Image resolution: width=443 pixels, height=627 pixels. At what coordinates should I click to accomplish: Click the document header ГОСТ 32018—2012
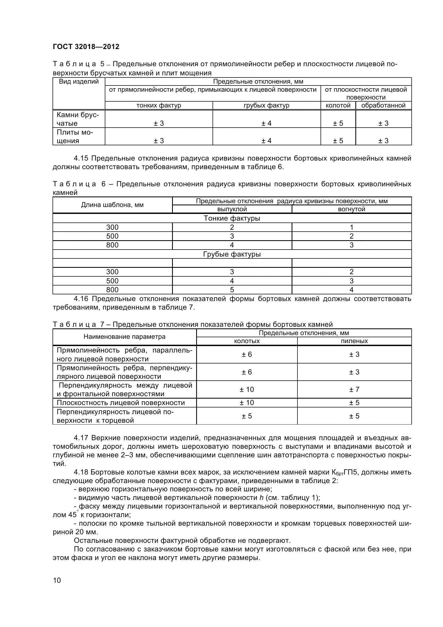click(x=86, y=47)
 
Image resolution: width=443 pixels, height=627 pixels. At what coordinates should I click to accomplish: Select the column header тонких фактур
click(x=159, y=105)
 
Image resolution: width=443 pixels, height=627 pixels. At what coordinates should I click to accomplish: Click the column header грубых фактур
click(x=266, y=105)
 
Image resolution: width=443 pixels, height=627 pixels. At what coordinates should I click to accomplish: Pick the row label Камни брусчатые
click(x=77, y=119)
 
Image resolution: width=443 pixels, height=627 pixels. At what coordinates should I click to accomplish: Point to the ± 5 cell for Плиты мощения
click(x=338, y=141)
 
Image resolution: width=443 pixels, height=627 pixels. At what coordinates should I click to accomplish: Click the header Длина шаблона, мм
click(x=112, y=205)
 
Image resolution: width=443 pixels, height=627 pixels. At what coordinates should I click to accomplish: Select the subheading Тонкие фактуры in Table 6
click(x=232, y=218)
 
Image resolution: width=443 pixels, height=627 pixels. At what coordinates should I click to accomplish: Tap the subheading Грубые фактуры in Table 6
click(x=232, y=254)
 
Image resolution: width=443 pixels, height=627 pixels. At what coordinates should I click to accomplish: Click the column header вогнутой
click(x=351, y=209)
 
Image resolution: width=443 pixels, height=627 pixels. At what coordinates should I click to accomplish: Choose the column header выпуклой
click(x=232, y=209)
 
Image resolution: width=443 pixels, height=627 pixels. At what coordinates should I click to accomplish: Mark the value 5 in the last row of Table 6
click(x=232, y=290)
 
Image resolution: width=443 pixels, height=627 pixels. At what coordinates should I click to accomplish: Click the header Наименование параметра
click(x=124, y=337)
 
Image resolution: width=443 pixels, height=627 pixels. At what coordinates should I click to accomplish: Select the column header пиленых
click(x=354, y=341)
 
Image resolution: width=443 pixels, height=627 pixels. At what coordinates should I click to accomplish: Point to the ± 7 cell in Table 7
click(x=354, y=389)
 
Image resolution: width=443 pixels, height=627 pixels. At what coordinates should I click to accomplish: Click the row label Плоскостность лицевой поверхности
click(x=121, y=403)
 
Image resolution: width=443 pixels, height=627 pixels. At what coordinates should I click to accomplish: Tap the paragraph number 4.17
click(x=81, y=438)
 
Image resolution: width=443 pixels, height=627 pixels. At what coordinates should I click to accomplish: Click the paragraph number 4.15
click(x=81, y=158)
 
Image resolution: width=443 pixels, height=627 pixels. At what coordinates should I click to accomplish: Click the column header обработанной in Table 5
click(x=383, y=105)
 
